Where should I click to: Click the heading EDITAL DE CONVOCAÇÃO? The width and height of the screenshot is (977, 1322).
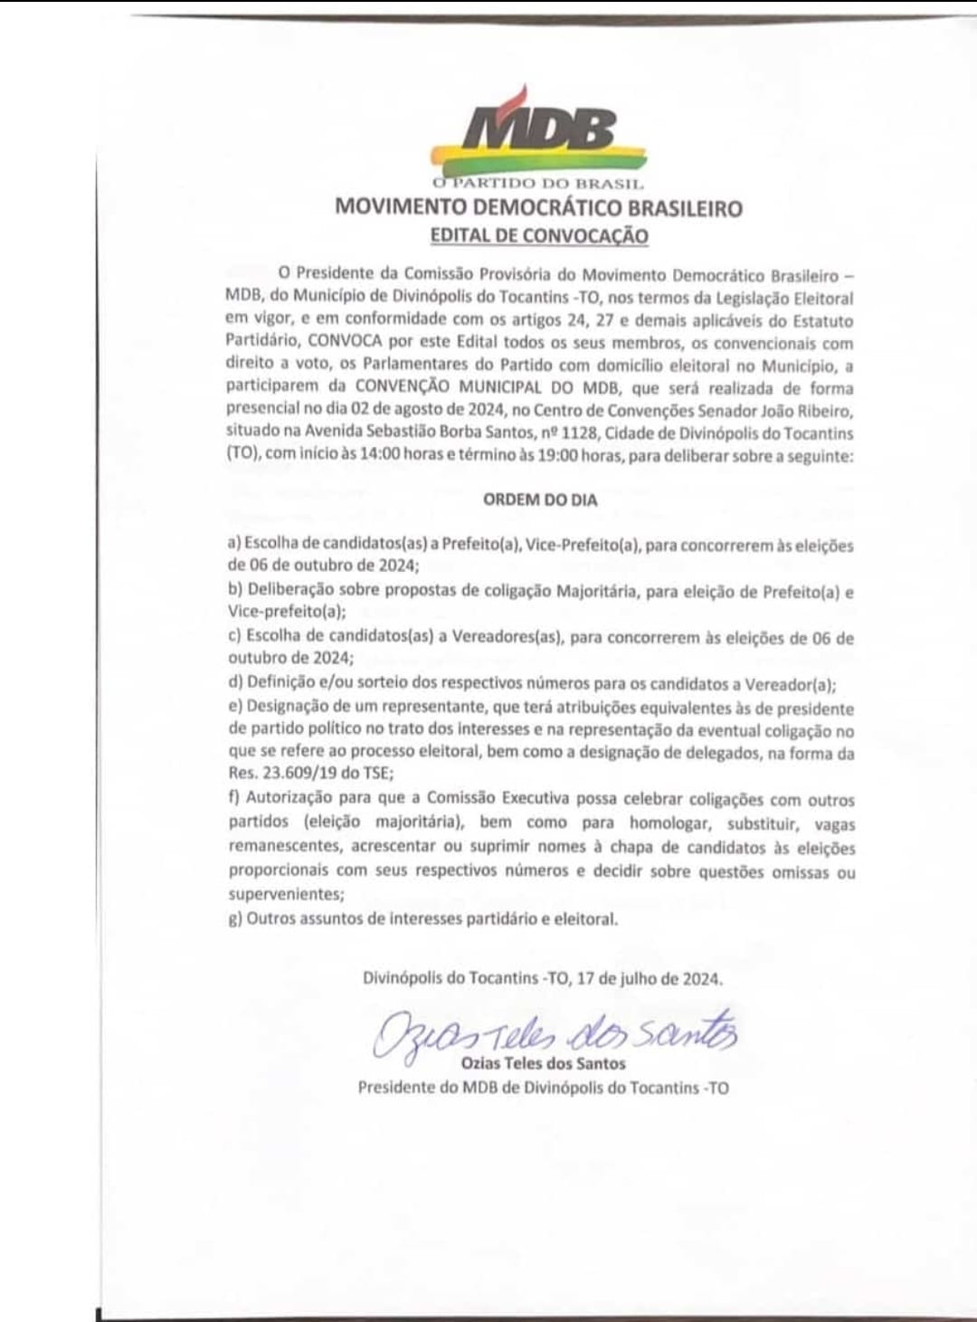539,235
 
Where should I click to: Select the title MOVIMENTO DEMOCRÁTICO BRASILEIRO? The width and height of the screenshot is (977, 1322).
538,207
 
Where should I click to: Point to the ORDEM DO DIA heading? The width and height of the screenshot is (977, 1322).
540,499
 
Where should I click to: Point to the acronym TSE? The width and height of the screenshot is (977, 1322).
376,774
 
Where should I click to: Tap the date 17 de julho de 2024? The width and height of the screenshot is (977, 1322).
648,978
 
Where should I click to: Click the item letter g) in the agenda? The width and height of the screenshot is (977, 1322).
235,919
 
